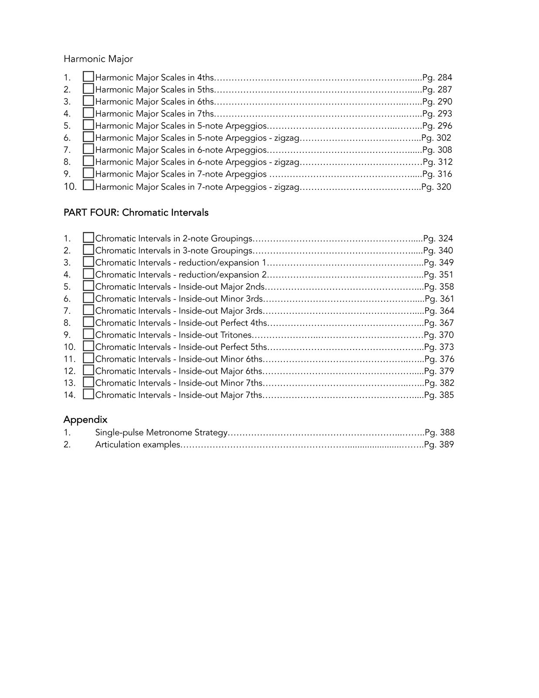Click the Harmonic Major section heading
[98, 59]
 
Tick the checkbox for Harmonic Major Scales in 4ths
[89, 77]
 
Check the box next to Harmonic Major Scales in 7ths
[89, 113]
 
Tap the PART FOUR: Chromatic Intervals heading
[136, 212]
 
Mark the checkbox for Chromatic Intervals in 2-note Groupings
[89, 238]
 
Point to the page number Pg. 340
[438, 250]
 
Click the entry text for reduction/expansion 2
[181, 275]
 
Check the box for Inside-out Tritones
[89, 334]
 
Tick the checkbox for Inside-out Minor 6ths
[89, 358]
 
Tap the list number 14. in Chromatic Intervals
[69, 395]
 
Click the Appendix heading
[85, 420]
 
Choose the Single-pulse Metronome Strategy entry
[161, 433]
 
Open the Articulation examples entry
[137, 445]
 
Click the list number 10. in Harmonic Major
[70, 187]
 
